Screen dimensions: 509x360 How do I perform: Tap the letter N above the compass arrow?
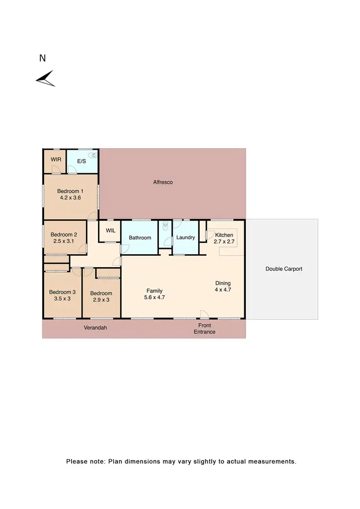(x=42, y=58)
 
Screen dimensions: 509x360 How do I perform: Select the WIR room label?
(x=56, y=159)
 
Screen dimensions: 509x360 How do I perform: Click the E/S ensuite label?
(x=81, y=161)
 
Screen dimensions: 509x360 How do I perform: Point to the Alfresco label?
(x=163, y=182)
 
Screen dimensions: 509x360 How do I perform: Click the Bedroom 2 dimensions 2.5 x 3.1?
(x=64, y=241)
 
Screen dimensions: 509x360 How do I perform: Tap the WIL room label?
(x=110, y=230)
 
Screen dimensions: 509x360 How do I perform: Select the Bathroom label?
(x=140, y=238)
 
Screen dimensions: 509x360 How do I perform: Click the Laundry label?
(x=185, y=237)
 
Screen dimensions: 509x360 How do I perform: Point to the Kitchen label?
(x=224, y=235)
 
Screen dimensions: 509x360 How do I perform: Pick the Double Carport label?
(x=284, y=269)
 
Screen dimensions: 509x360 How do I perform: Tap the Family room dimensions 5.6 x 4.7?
(x=155, y=297)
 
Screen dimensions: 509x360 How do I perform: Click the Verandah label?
(x=95, y=328)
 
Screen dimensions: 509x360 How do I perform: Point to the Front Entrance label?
(x=204, y=329)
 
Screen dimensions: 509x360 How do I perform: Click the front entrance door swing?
(x=204, y=314)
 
